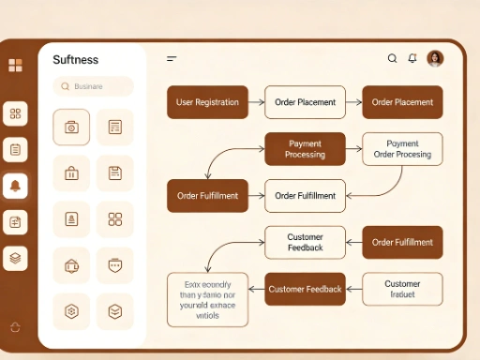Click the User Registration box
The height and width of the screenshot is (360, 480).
207,102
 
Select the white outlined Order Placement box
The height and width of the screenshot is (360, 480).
305,102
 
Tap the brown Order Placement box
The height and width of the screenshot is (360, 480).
402,102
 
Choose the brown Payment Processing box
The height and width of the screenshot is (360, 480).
305,149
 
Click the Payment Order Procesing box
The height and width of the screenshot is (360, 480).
402,149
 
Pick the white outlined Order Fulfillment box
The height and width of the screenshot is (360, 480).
305,196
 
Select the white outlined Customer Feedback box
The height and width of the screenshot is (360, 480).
305,242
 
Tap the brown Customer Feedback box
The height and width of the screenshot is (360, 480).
305,290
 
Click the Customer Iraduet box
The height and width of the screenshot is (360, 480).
402,289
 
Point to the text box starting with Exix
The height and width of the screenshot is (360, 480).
207,299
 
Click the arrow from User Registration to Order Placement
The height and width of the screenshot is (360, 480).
256,102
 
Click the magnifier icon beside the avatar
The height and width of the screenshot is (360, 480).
393,58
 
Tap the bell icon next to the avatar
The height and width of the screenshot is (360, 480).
412,58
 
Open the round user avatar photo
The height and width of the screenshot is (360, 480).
435,58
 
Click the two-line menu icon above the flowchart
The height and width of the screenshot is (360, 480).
172,59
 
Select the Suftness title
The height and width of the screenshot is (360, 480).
76,60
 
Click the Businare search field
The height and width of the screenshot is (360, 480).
93,86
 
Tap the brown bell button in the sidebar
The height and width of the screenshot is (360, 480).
15,186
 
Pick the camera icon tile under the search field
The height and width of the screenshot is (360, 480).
71,127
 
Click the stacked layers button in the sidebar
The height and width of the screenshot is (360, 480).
15,258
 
